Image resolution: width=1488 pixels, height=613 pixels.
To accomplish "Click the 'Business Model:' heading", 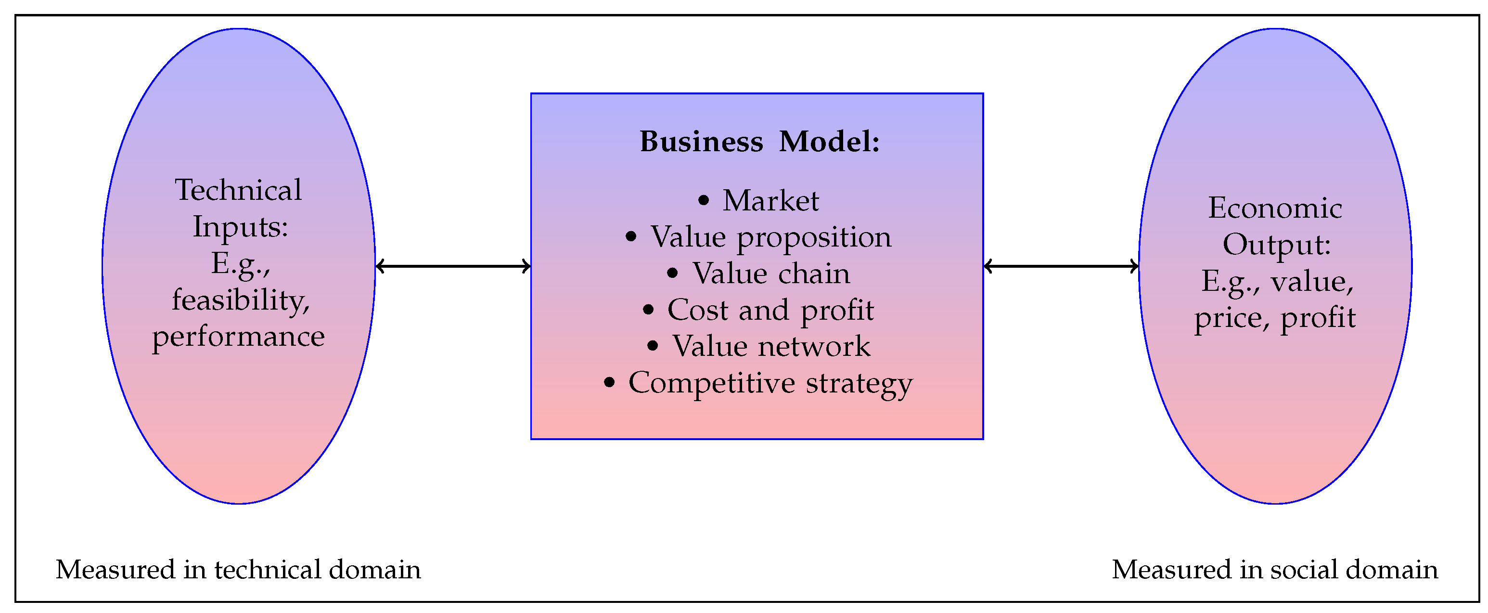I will click(759, 142).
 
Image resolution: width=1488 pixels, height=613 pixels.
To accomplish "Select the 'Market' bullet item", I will click(770, 201).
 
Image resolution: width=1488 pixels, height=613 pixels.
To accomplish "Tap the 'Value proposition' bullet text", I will click(771, 237).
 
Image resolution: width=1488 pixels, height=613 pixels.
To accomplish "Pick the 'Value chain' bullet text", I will click(771, 274).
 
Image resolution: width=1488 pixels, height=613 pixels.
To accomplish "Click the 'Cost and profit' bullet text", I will click(770, 310).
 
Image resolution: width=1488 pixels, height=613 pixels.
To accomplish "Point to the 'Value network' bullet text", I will click(771, 347).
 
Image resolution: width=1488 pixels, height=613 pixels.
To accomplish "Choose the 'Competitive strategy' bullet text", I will click(770, 383).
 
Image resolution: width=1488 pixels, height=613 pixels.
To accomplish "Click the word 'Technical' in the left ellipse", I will click(238, 190).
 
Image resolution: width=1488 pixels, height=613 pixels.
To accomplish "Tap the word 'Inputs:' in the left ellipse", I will click(240, 226).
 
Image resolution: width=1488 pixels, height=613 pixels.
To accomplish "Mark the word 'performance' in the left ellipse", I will click(238, 337).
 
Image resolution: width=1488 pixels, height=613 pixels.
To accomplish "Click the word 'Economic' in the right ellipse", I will click(1275, 208).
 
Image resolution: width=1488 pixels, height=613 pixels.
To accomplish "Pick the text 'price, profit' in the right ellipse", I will click(1275, 318).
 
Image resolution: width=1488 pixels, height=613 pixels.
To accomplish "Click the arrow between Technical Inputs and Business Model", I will click(453, 266).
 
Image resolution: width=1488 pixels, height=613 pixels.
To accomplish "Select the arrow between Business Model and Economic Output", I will click(1061, 266).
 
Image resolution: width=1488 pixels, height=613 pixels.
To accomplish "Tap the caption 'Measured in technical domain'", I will click(238, 570).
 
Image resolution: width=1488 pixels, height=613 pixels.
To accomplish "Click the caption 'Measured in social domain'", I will click(1275, 570).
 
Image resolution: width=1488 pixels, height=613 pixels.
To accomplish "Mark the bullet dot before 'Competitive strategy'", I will click(609, 382).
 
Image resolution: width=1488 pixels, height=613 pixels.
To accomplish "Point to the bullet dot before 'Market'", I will click(703, 200).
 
